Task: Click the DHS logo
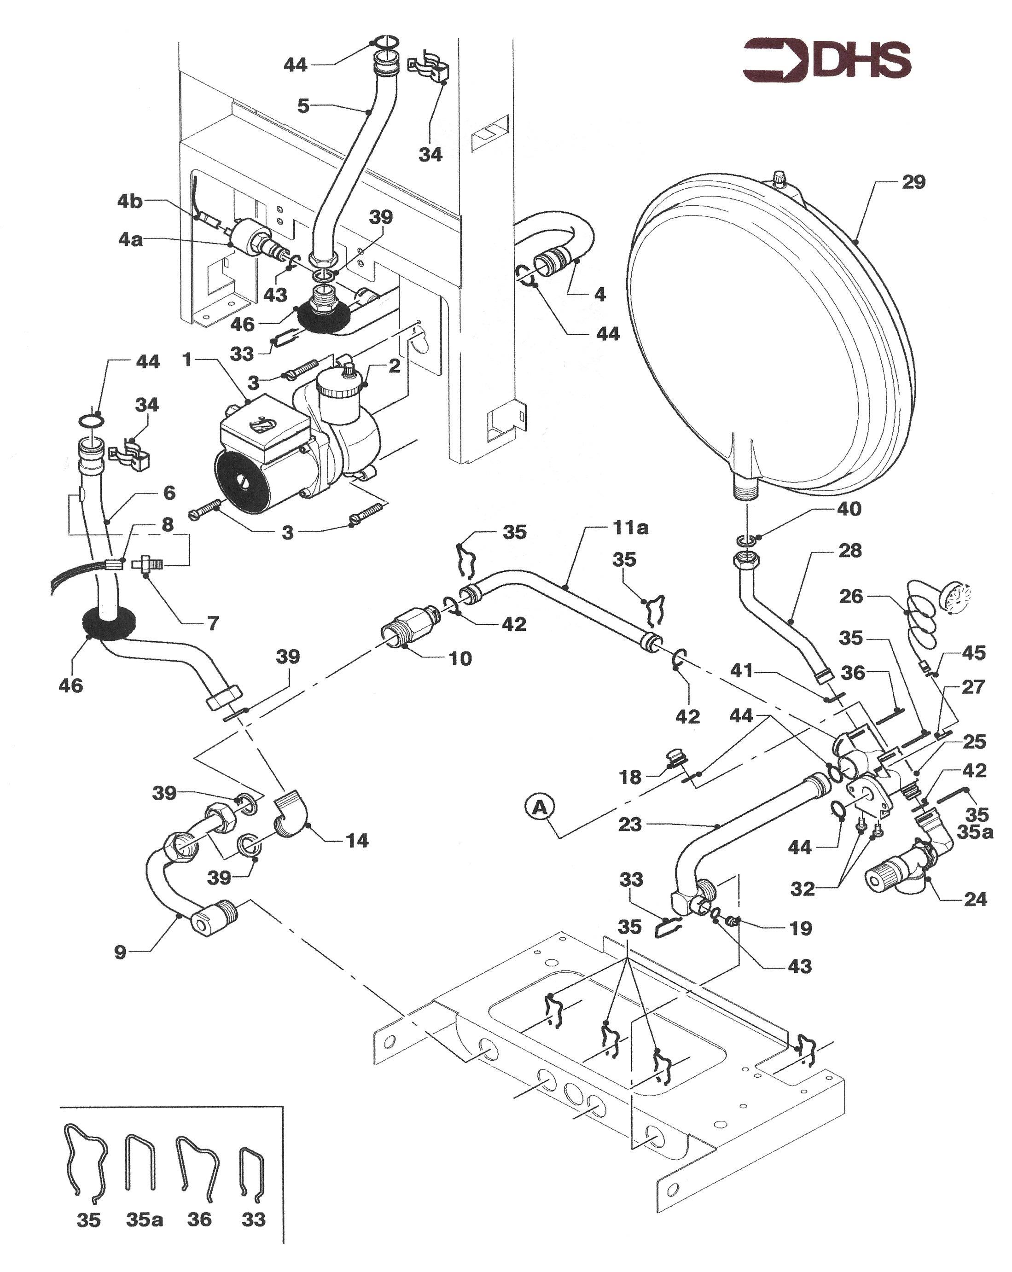826,59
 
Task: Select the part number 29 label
913,182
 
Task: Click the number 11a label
630,528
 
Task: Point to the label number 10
460,658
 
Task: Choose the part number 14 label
357,840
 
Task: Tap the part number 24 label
975,899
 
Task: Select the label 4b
130,201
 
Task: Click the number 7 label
213,623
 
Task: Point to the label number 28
850,551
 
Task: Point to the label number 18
630,777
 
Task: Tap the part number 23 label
630,824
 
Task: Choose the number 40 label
849,509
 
